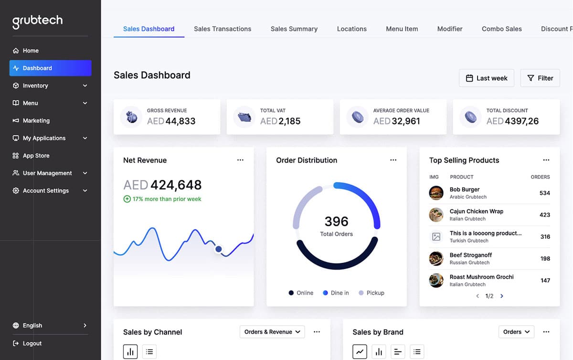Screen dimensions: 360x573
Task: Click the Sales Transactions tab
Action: pos(223,29)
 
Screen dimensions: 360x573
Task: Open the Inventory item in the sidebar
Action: pos(35,85)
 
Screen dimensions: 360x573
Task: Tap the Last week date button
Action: pos(487,78)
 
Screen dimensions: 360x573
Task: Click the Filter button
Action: pos(540,78)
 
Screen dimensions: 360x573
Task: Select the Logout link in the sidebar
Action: pos(32,343)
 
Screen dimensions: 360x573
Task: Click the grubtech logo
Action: pos(37,22)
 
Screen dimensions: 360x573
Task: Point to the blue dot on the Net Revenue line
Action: pos(219,249)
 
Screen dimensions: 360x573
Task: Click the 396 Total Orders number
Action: pos(337,222)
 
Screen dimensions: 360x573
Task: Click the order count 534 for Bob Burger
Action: pos(544,193)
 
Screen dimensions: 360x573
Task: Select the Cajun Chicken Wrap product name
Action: pos(476,211)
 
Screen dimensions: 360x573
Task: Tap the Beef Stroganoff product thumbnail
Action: pos(436,258)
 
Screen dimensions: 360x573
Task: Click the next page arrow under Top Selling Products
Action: pos(502,296)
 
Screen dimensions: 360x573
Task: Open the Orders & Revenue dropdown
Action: pos(272,332)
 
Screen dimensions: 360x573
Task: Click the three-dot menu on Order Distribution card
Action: pos(393,160)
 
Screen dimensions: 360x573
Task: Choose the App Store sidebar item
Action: pos(36,156)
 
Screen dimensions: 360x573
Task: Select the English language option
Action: pos(32,326)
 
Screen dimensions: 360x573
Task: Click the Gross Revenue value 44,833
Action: pos(180,121)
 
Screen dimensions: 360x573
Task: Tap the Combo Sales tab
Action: pos(501,29)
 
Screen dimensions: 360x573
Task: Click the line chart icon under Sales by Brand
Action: pos(360,352)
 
